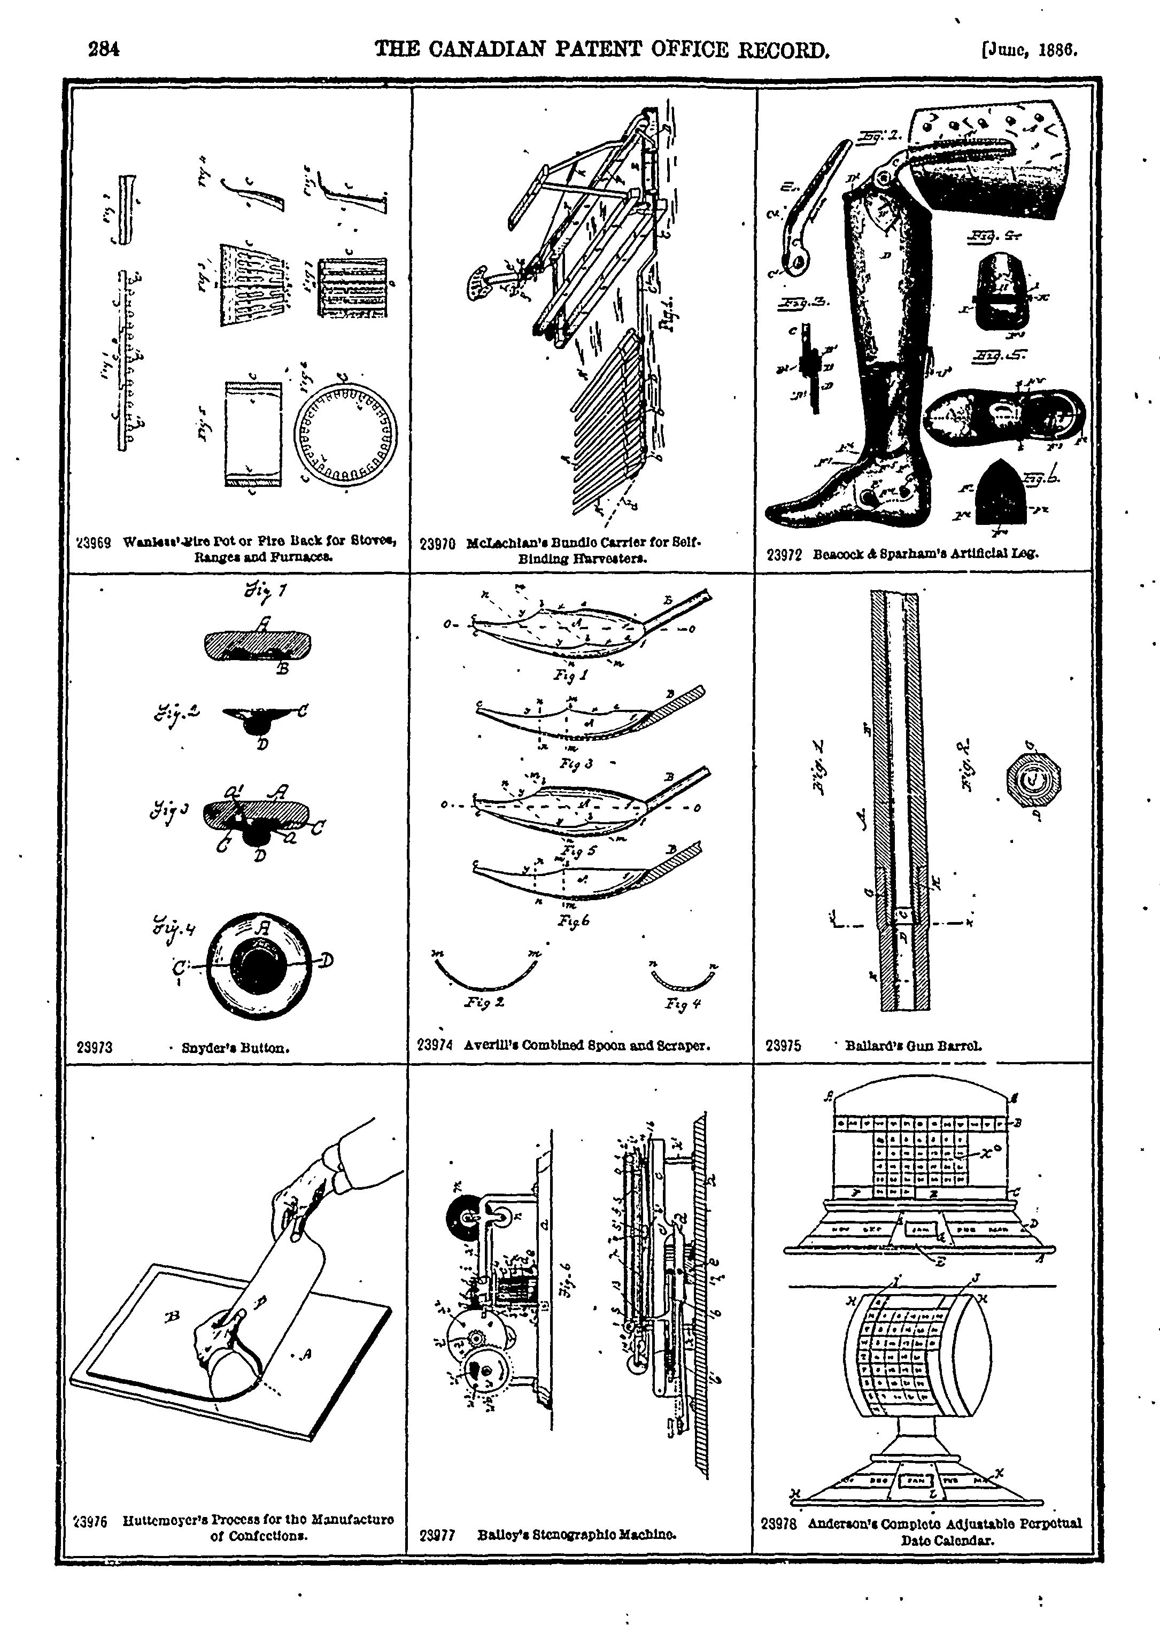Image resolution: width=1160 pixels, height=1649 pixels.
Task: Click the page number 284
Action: tap(103, 50)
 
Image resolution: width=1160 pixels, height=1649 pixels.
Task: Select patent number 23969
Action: tap(92, 543)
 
